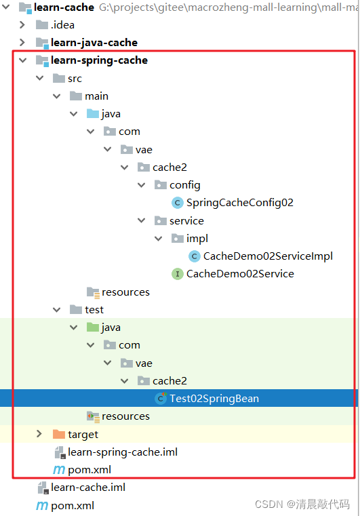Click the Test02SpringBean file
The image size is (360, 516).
(x=214, y=399)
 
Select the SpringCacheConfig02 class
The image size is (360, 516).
(x=239, y=203)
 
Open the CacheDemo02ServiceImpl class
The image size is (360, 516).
(x=268, y=256)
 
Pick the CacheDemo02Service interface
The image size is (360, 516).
(x=240, y=274)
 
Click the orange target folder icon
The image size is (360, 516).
(x=59, y=435)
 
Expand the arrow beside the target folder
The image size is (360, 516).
(x=39, y=434)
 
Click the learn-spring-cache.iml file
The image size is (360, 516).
(x=123, y=452)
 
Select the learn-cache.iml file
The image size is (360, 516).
(x=88, y=488)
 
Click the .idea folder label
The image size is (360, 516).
(x=62, y=25)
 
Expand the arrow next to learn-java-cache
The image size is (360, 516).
(x=22, y=43)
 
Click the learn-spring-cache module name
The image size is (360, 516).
(x=99, y=60)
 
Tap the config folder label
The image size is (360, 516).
(x=184, y=185)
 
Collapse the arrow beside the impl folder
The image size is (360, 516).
(x=158, y=238)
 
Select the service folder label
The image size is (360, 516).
(x=186, y=221)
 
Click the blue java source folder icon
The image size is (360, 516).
(x=93, y=114)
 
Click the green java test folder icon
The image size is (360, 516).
(x=93, y=327)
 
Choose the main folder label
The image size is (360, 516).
(x=96, y=96)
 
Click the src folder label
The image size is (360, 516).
(x=75, y=79)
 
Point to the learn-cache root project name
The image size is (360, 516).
(x=64, y=7)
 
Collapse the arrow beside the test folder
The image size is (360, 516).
(x=56, y=310)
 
